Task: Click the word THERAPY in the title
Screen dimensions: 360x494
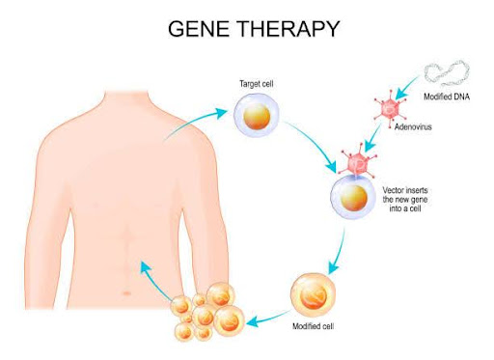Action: click(x=293, y=30)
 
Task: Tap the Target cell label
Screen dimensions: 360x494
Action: click(x=256, y=85)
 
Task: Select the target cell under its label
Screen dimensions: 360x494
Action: click(x=257, y=116)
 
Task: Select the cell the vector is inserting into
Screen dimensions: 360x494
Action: click(x=353, y=200)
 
